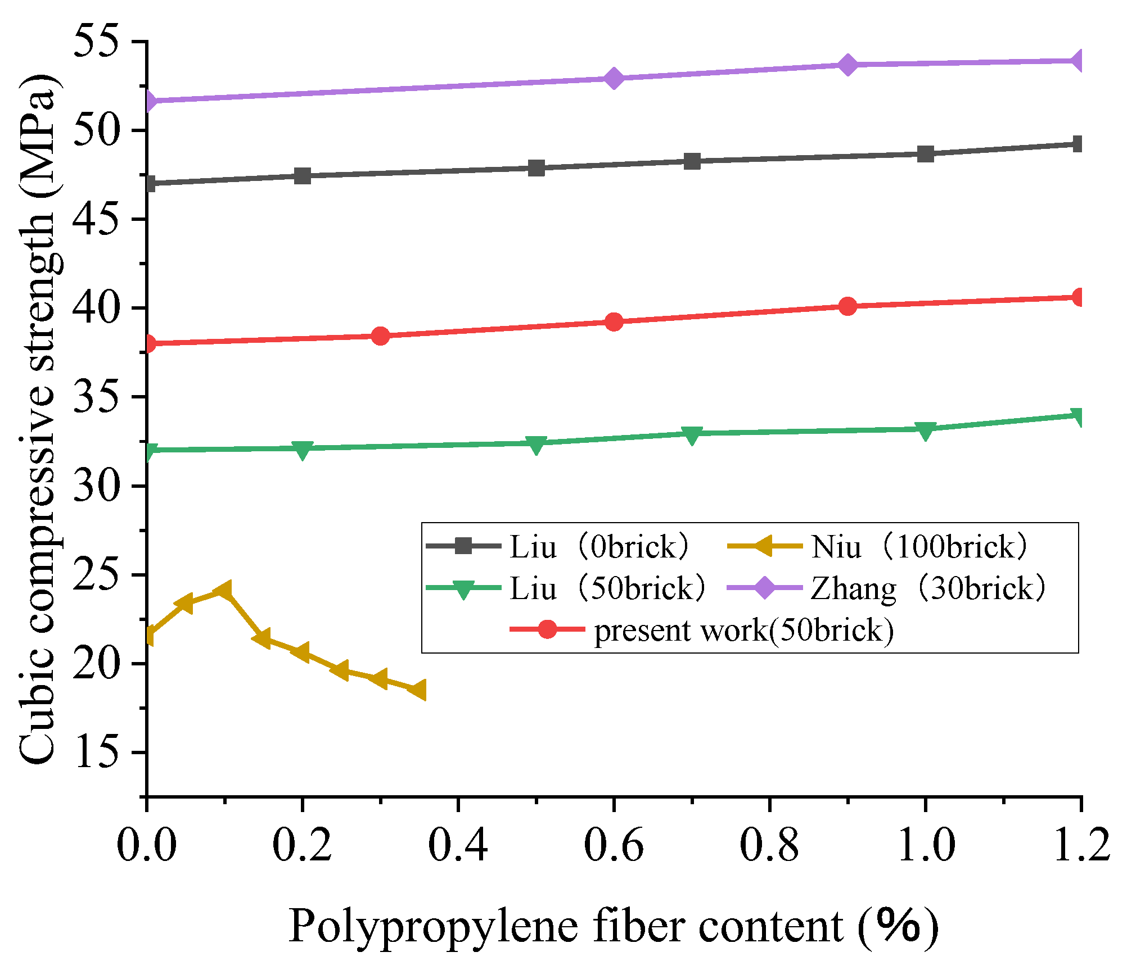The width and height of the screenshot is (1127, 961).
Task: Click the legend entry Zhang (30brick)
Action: pos(928,588)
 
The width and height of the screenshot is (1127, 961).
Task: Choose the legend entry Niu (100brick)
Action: pos(919,546)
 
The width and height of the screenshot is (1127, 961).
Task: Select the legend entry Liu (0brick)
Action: pos(599,546)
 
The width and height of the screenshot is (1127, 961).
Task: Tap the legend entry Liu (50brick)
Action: pos(607,588)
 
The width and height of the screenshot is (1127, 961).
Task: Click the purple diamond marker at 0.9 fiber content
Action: pos(847,65)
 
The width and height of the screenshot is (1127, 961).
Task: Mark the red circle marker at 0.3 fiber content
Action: pos(381,336)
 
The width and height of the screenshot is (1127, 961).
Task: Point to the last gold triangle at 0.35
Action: pos(417,690)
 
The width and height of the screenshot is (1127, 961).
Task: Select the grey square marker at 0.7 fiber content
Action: pos(692,161)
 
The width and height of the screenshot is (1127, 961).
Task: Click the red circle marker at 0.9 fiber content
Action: pos(847,306)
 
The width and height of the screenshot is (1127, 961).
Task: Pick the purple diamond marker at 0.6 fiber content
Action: pos(614,78)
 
